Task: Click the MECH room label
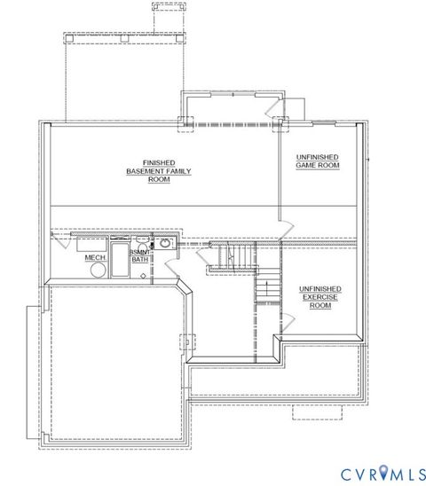[96, 258]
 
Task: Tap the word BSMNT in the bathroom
[141, 253]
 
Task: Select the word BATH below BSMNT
[140, 260]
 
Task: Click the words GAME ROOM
[318, 165]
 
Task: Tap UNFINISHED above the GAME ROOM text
[318, 157]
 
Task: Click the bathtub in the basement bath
[120, 259]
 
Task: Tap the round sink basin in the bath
[165, 243]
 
